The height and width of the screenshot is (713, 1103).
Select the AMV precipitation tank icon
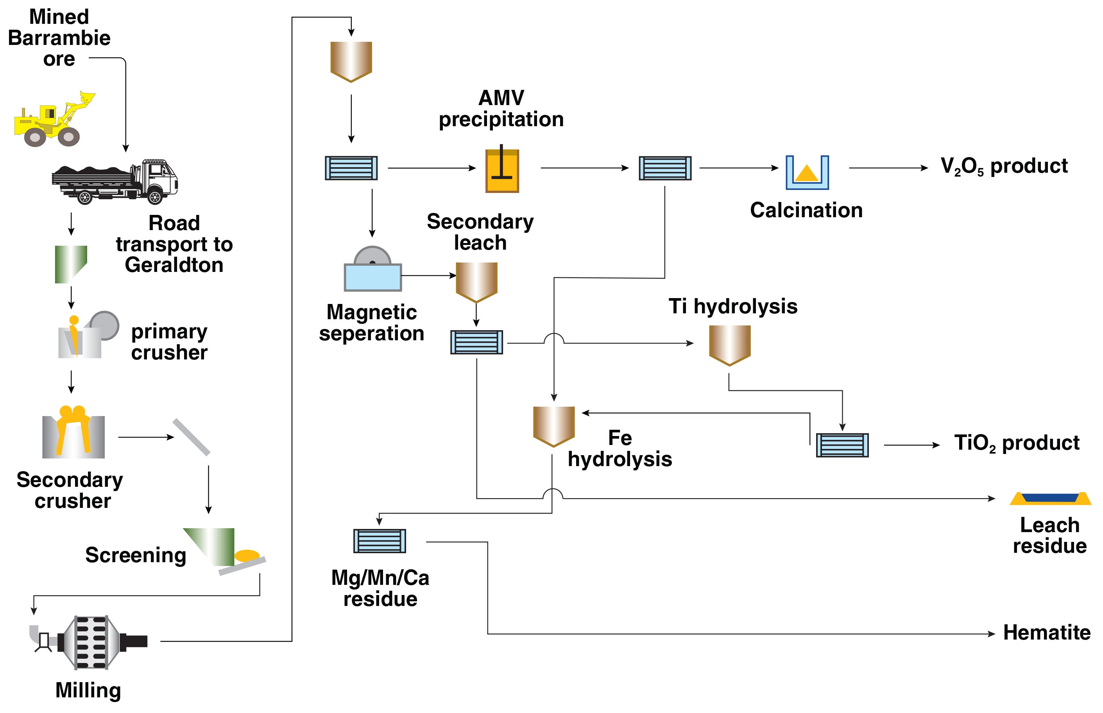(502, 170)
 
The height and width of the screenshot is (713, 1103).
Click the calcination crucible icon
(807, 173)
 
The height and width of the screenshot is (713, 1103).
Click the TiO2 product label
(1016, 443)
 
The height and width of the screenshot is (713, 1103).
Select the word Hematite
(1046, 633)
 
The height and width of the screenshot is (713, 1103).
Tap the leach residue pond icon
(1050, 499)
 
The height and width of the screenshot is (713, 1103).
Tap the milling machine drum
(92, 642)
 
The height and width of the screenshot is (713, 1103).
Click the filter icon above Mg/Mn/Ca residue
(379, 541)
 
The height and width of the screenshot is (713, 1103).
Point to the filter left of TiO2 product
(842, 445)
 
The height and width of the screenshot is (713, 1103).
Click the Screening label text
(136, 555)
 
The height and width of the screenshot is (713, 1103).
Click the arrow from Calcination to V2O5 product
(888, 168)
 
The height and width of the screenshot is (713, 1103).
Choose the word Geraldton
(174, 265)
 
